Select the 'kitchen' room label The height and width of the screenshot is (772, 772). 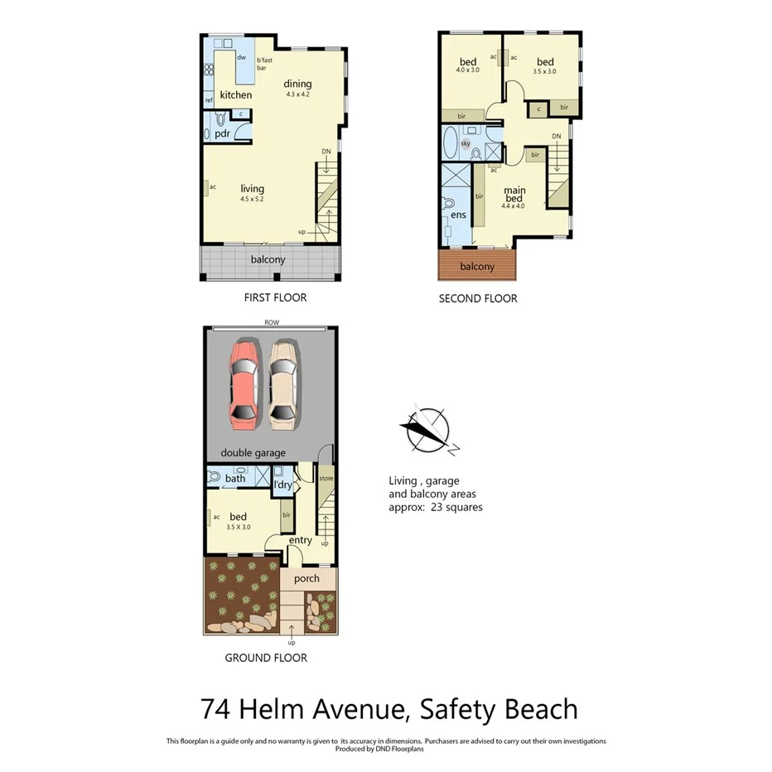(x=236, y=95)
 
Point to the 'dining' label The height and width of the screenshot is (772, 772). (x=297, y=84)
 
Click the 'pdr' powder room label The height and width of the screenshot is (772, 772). (x=222, y=133)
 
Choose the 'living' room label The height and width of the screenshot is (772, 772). (x=252, y=188)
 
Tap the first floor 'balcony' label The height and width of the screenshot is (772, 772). (x=268, y=260)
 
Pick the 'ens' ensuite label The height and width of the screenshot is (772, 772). (x=458, y=215)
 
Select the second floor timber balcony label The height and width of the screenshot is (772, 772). (x=476, y=267)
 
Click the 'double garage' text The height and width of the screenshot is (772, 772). (x=253, y=453)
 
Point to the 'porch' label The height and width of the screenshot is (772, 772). (x=306, y=578)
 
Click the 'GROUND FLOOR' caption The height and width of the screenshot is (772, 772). (x=266, y=658)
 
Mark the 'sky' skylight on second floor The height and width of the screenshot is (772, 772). (x=466, y=143)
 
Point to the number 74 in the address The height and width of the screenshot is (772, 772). (x=216, y=710)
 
